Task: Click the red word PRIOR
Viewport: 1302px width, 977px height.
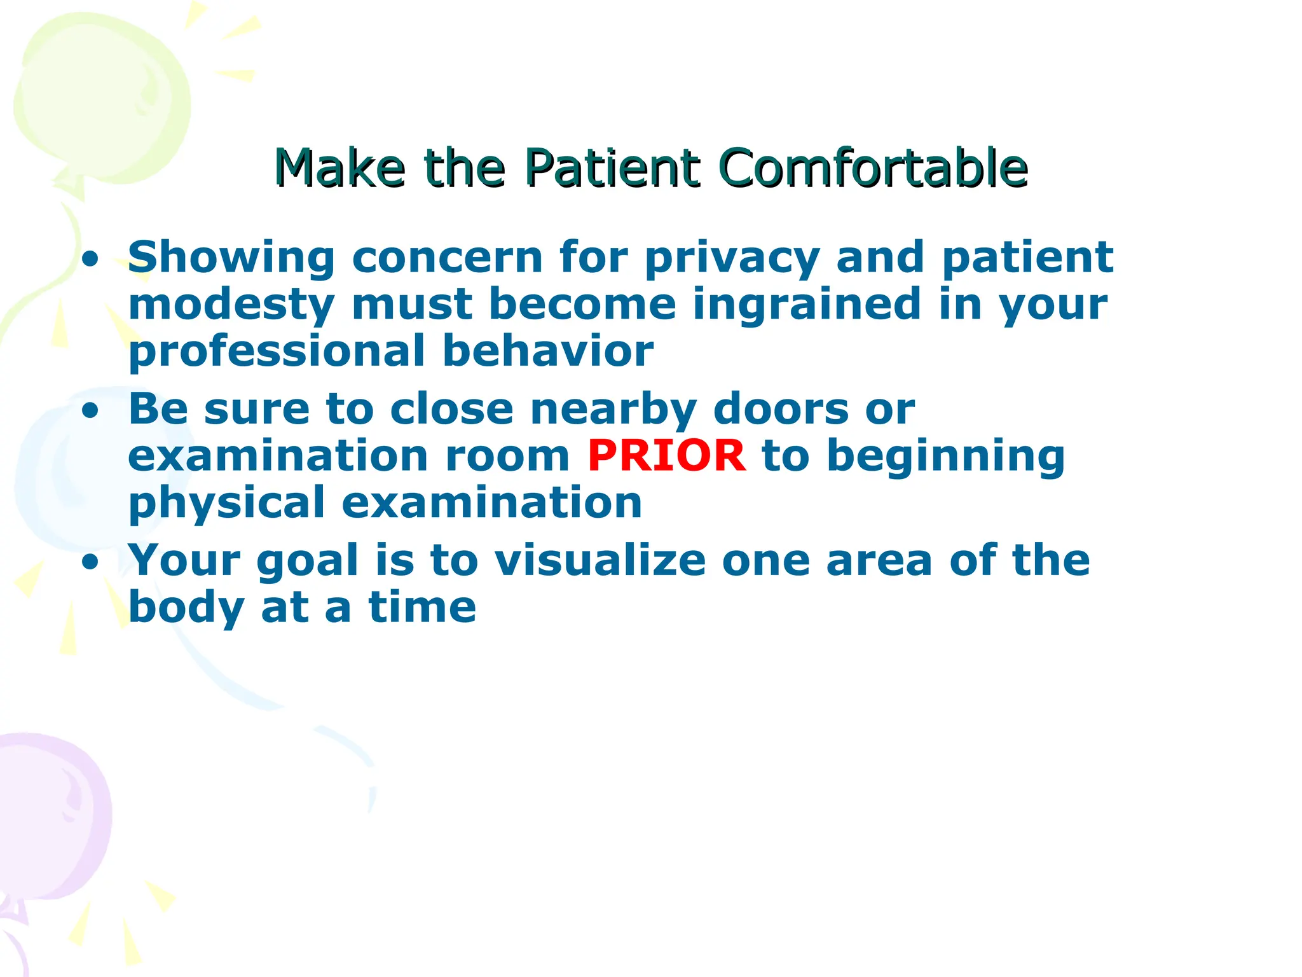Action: coord(666,455)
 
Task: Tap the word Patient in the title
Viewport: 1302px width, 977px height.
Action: coord(613,168)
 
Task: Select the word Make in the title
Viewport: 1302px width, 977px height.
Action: coord(339,168)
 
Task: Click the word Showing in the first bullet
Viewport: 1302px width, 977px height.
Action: coord(231,258)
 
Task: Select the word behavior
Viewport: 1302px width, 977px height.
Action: coord(548,351)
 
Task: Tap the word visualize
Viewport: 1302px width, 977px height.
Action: coord(600,560)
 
